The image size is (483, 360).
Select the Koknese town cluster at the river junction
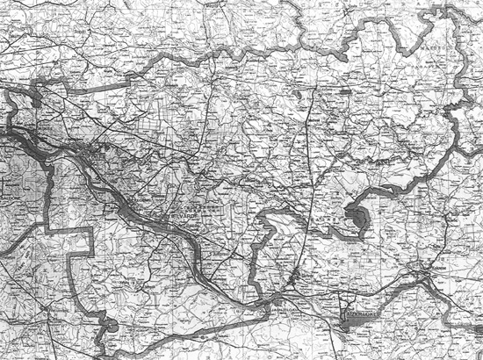tap(425, 279)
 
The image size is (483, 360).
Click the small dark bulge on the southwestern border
tap(112, 327)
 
